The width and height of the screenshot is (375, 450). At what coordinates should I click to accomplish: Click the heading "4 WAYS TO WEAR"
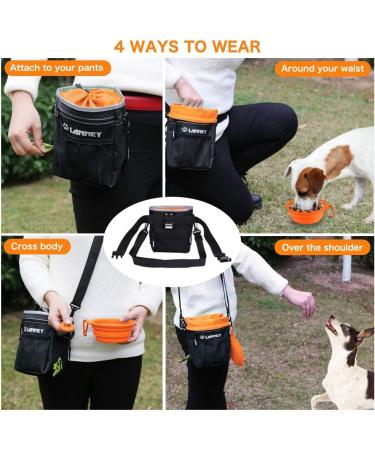tap(187, 46)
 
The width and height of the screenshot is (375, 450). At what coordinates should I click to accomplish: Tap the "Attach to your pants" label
tap(57, 68)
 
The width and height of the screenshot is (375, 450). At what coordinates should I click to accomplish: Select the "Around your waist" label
tap(322, 69)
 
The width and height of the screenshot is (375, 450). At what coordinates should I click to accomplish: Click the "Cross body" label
tap(37, 247)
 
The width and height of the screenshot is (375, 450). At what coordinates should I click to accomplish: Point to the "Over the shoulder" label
tap(322, 248)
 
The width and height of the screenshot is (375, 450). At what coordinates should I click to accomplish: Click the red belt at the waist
tap(143, 102)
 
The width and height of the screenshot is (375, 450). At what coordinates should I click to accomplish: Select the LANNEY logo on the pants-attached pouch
tap(82, 130)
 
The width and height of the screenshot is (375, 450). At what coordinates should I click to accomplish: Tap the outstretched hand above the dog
tap(300, 300)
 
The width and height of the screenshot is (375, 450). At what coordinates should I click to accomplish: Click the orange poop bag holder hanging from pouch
tap(238, 347)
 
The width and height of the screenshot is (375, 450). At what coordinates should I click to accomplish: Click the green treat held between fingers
tap(47, 148)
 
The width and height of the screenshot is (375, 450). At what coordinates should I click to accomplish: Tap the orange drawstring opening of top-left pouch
tap(91, 97)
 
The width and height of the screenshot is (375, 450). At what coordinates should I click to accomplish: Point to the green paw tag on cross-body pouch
tap(57, 366)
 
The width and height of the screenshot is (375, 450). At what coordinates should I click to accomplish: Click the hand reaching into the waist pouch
tap(187, 93)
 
